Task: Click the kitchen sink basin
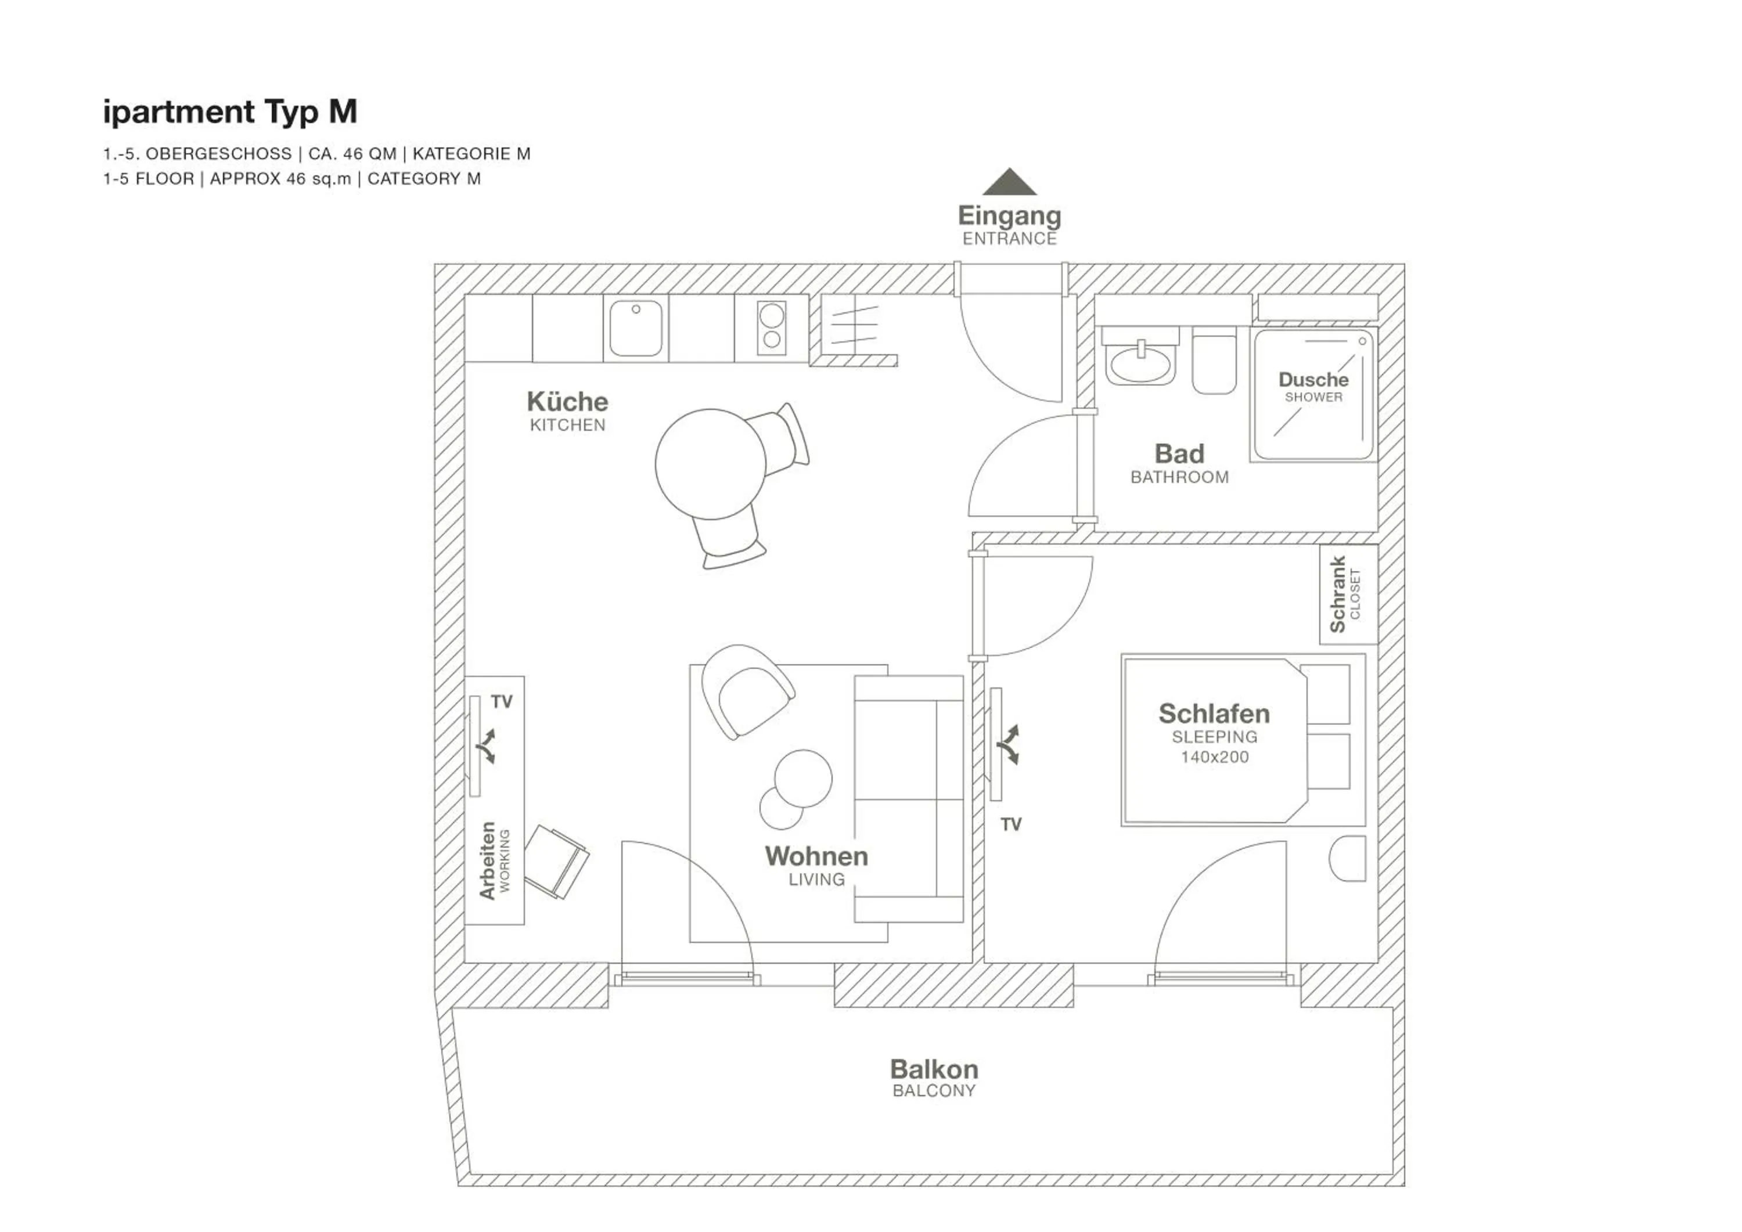[x=635, y=329]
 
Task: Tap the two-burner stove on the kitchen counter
[x=771, y=327]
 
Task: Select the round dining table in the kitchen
[x=711, y=464]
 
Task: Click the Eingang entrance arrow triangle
[x=1009, y=182]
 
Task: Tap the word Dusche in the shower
[x=1313, y=379]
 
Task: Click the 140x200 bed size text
[x=1214, y=757]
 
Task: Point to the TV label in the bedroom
[x=1010, y=824]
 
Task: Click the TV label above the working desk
[x=502, y=702]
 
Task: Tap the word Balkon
[x=934, y=1069]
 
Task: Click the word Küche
[x=567, y=401]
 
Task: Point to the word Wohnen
[x=816, y=856]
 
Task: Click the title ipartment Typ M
[x=230, y=111]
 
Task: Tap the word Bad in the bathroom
[x=1179, y=453]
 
